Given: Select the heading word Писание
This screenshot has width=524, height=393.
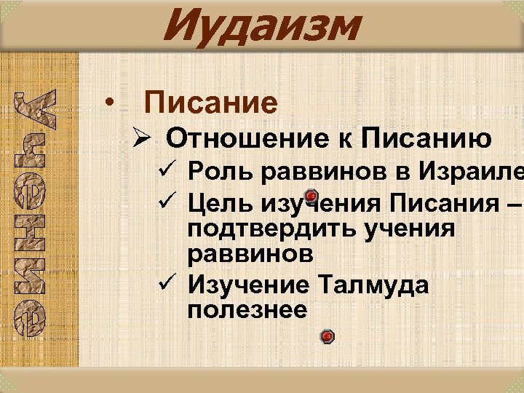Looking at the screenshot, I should pos(211,103).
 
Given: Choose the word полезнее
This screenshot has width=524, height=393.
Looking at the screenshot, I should pos(247,310).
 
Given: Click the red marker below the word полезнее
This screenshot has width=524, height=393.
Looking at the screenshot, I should pos(327,336).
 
